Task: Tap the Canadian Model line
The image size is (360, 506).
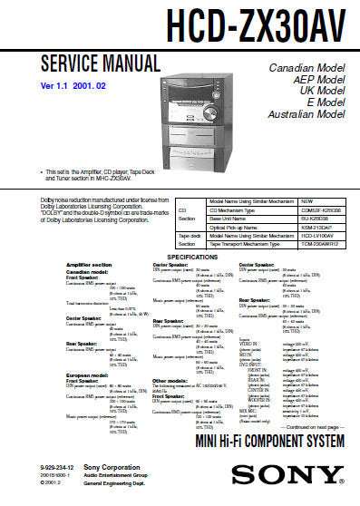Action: click(x=306, y=68)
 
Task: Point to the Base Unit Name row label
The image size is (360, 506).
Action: click(x=229, y=218)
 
